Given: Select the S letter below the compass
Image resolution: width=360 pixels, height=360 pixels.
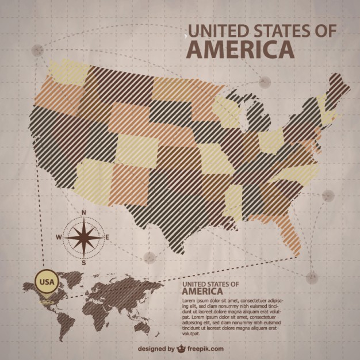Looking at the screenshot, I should pos(84,262).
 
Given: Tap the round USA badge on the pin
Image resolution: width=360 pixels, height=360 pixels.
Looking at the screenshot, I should pos(47,282).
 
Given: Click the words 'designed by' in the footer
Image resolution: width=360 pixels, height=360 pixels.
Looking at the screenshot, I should pos(156,348).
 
